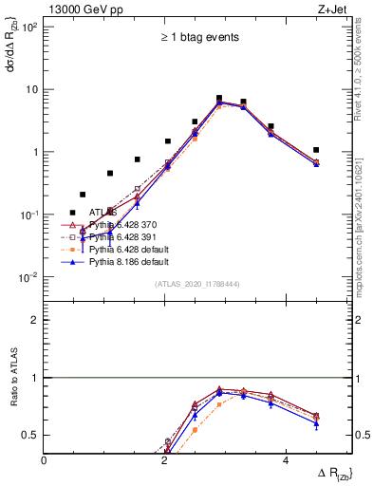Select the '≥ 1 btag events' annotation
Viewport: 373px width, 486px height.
198,38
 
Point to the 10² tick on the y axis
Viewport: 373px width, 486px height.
28,27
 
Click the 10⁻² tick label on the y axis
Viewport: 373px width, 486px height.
28,278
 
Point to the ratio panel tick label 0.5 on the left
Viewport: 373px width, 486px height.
30,436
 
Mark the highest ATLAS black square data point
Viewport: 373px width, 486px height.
219,98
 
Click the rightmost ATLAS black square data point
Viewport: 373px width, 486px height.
316,150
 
